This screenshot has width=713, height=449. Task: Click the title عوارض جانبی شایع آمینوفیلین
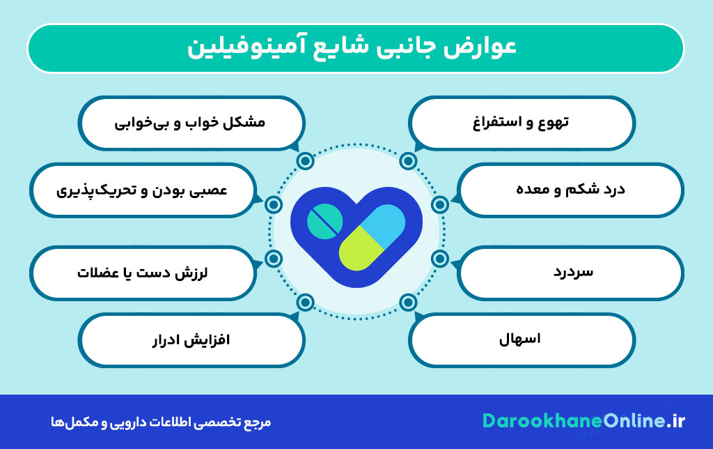(x=355, y=48)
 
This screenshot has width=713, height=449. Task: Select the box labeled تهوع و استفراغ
(x=522, y=123)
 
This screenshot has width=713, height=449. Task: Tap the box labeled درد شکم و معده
(x=572, y=190)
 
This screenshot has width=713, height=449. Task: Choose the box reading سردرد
(x=572, y=272)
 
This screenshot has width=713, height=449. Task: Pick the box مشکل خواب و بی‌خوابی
(x=191, y=123)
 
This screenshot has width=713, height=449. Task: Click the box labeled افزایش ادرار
(x=191, y=340)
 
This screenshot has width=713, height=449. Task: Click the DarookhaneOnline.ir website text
(x=584, y=420)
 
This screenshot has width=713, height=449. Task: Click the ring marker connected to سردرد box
(x=439, y=259)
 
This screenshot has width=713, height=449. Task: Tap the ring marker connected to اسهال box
(x=407, y=302)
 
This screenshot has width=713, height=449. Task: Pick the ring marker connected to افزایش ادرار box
(x=305, y=302)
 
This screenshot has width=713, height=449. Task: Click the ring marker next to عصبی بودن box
(x=274, y=204)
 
